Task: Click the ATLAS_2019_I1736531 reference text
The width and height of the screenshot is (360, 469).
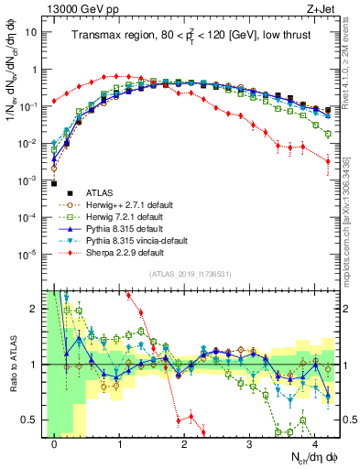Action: [195, 274]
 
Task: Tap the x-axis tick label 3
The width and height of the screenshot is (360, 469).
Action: [250, 442]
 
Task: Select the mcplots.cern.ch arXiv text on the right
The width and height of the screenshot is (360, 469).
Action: [351, 202]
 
